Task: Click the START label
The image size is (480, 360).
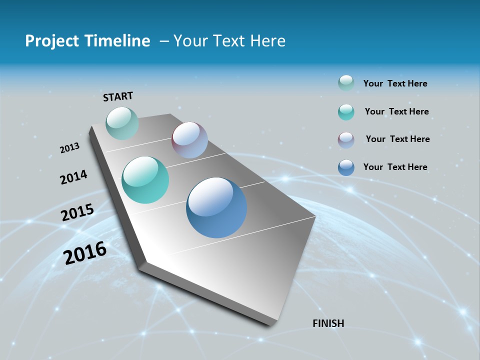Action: tap(118, 96)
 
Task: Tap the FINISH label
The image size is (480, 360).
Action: tap(328, 323)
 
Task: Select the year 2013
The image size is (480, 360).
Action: tap(69, 148)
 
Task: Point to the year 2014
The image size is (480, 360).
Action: tap(73, 177)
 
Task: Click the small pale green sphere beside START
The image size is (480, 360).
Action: tap(122, 123)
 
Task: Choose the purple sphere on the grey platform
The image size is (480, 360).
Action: tap(189, 140)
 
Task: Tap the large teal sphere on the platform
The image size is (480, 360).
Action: tap(145, 180)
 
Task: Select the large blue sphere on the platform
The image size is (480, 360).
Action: tap(216, 207)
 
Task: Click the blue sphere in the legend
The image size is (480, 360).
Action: tap(346, 167)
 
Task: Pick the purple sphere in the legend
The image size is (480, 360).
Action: tap(346, 140)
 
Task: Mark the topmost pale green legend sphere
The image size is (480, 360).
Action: tap(346, 83)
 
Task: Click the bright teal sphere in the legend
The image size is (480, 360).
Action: tap(346, 112)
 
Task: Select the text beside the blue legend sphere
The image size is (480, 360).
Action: tap(395, 167)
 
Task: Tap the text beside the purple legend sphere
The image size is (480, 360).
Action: tap(397, 139)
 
